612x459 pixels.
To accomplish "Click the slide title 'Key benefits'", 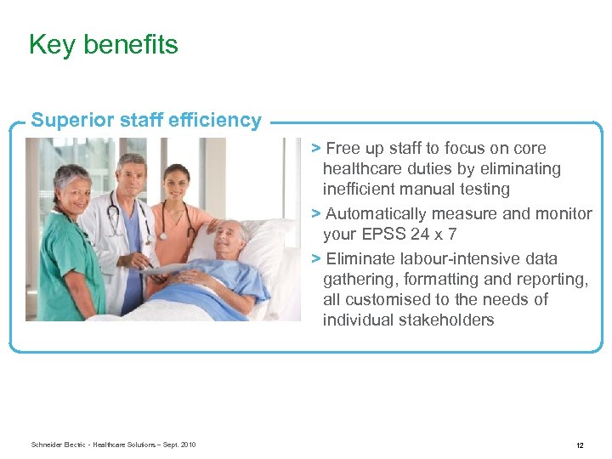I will tap(103, 44).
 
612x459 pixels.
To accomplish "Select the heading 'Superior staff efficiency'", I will tap(146, 120).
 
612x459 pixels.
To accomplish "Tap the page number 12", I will tap(579, 445).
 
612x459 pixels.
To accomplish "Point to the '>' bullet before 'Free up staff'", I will tap(315, 148).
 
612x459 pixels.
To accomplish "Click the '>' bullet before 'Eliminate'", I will tap(315, 258).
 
